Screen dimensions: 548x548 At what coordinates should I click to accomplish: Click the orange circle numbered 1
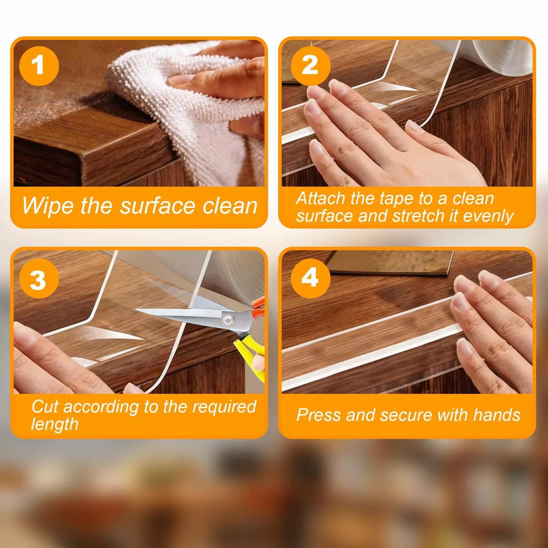point(39,66)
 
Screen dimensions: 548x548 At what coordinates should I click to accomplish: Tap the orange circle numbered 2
point(311,66)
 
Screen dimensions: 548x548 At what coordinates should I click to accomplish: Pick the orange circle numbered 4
point(311,279)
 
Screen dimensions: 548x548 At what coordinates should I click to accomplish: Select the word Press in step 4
point(318,415)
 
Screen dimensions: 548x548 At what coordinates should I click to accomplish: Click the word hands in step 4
point(497,415)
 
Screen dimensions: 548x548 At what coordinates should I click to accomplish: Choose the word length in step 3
point(55,424)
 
